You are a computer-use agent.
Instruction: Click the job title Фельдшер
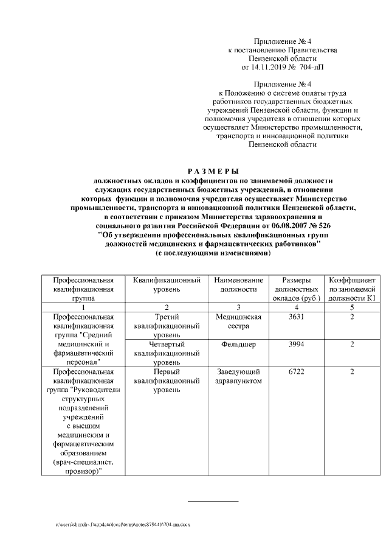238,344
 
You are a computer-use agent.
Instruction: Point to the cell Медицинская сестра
238,321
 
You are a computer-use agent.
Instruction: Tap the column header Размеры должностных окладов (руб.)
295,289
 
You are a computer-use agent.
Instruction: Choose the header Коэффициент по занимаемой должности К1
351,289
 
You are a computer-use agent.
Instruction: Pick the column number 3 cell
238,307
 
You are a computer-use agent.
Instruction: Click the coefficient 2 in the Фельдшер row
351,344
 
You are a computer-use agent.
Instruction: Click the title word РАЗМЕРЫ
213,171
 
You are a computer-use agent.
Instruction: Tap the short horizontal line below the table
212,500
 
